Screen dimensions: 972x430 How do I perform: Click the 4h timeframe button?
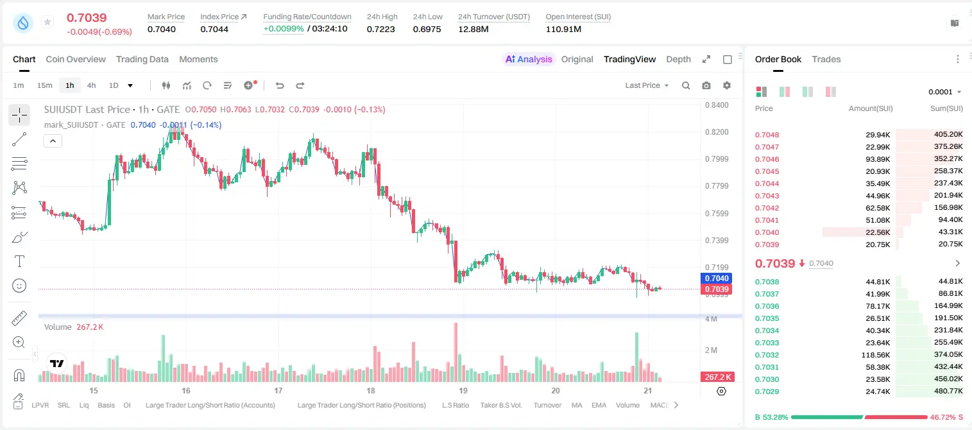91,85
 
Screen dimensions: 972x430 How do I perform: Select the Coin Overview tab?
76,59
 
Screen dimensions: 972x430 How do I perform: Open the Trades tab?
826,59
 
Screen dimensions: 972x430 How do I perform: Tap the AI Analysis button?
529,59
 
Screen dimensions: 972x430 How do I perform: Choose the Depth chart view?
678,59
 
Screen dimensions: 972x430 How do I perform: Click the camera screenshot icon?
706,85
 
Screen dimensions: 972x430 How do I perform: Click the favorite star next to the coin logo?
47,22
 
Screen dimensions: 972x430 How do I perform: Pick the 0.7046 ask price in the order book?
767,159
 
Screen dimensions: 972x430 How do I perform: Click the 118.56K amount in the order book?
875,355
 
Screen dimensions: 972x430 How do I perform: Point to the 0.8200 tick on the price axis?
717,132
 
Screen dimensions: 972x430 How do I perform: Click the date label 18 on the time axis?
371,390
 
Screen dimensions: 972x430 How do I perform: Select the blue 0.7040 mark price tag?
717,279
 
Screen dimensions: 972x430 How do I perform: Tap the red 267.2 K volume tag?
717,377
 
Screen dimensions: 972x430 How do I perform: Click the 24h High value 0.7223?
380,29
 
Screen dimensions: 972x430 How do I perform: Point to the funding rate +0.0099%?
284,29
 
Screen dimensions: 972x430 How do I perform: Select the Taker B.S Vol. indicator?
500,405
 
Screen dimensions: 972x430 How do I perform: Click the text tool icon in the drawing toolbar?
19,261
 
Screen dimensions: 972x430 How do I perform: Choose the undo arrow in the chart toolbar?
280,85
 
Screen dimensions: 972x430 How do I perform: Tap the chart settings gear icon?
727,85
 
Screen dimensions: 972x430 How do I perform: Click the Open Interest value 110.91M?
563,29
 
